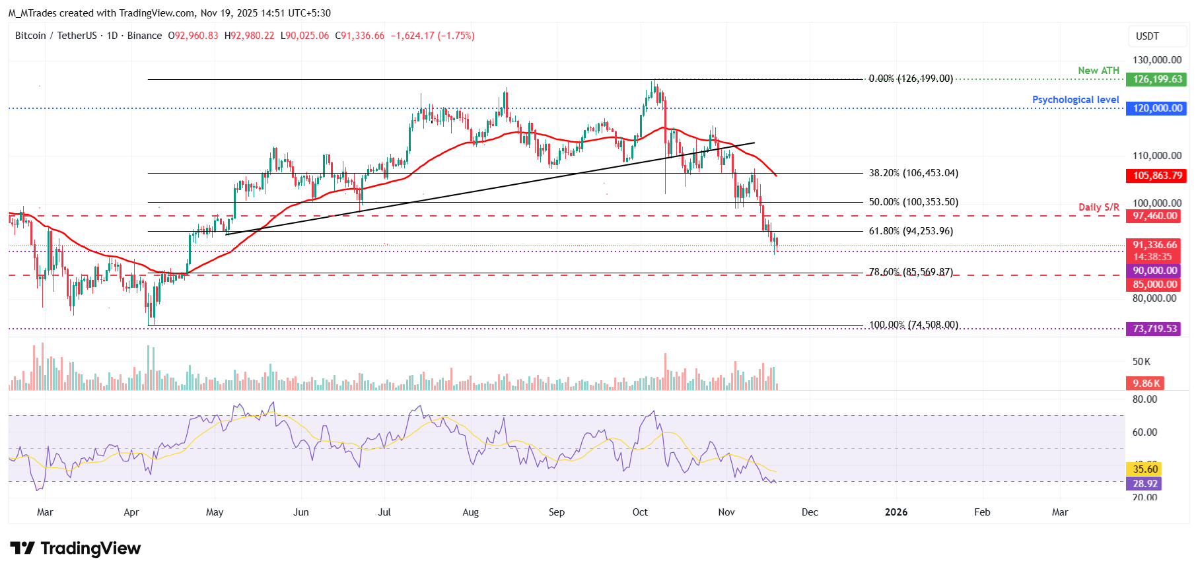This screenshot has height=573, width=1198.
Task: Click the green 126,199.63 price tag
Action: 1157,79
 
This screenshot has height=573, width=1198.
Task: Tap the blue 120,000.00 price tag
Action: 1157,108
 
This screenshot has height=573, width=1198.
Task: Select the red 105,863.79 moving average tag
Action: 1157,176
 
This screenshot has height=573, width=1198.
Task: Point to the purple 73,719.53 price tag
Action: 1154,329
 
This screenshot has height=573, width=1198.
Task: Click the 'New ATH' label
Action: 1098,71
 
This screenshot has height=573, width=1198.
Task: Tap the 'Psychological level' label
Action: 1075,100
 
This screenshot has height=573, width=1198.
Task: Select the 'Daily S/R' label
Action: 1098,207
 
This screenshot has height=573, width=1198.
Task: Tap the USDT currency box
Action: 1147,36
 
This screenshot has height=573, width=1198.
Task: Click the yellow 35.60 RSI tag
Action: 1145,469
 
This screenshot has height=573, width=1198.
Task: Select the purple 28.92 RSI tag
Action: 1145,484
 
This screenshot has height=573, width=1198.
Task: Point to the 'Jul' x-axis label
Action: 384,512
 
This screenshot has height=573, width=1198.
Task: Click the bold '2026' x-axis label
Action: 896,512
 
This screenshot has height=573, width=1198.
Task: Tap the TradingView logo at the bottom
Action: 75,549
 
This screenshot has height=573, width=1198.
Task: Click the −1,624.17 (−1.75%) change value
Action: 433,36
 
